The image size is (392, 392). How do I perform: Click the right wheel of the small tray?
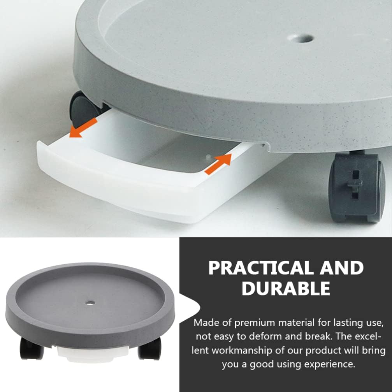point(150,348)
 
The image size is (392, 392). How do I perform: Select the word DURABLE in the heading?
point(286,288)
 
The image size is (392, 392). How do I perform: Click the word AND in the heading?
point(341,268)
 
